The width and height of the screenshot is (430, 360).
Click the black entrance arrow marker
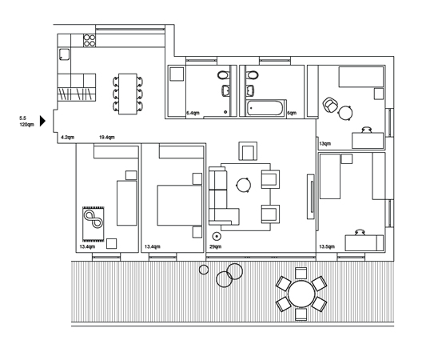[42, 121]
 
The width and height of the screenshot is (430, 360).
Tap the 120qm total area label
[26, 125]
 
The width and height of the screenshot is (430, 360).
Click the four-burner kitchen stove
[90, 40]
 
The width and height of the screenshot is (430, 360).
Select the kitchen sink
[64, 54]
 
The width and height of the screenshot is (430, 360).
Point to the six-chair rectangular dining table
[128, 94]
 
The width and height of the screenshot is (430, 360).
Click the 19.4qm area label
[107, 137]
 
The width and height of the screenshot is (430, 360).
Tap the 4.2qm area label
[67, 137]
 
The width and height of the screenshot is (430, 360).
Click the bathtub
[265, 108]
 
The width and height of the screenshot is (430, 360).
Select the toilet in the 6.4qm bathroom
[224, 74]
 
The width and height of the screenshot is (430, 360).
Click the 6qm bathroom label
[292, 113]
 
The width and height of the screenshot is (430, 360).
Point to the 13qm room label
[325, 143]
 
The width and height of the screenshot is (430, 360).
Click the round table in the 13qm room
[345, 113]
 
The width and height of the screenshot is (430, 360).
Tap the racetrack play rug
[94, 224]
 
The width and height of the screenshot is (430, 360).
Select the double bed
[180, 206]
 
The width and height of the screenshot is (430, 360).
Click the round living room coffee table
[243, 186]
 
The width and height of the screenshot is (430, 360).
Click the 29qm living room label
[216, 246]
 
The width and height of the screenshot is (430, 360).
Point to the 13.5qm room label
[327, 246]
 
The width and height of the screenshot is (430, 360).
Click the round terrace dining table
[301, 294]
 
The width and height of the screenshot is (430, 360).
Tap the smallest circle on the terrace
[204, 270]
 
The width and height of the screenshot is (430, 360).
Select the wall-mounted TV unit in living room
[311, 197]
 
